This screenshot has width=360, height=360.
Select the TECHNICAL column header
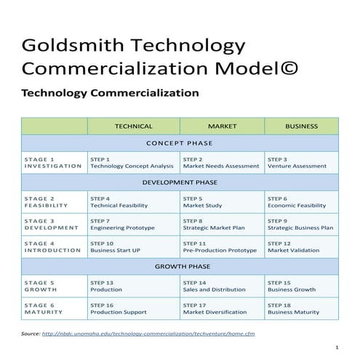click(x=133, y=126)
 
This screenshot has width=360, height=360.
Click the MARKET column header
click(x=222, y=126)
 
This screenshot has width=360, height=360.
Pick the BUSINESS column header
click(x=301, y=126)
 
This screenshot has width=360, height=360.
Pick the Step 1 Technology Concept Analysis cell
click(x=132, y=162)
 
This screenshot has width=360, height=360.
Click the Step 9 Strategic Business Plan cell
click(x=300, y=224)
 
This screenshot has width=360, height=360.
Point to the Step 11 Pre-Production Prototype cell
click(x=220, y=247)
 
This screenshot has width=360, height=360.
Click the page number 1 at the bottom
click(x=337, y=348)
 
